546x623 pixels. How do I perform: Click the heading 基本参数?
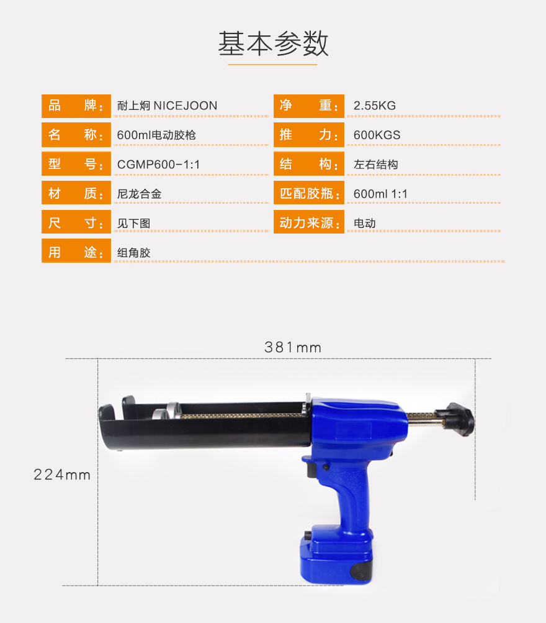pyautogui.click(x=273, y=43)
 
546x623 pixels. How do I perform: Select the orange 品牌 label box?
pyautogui.click(x=76, y=106)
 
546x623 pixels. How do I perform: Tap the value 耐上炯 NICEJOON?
pyautogui.click(x=167, y=106)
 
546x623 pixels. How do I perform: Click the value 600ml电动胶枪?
pyautogui.click(x=156, y=135)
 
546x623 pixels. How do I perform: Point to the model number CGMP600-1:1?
pyautogui.click(x=158, y=165)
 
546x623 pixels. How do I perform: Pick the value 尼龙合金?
pyautogui.click(x=139, y=194)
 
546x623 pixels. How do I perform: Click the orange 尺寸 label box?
pyautogui.click(x=76, y=223)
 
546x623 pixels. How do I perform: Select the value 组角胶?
pyautogui.click(x=133, y=253)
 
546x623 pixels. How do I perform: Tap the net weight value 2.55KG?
pyautogui.click(x=374, y=106)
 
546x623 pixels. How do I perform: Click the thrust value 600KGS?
pyautogui.click(x=377, y=135)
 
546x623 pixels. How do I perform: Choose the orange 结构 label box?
pyautogui.click(x=308, y=165)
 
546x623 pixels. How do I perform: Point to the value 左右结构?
pyautogui.click(x=375, y=165)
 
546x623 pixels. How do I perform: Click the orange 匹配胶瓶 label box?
pyautogui.click(x=308, y=194)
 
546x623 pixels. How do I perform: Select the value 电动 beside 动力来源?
pyautogui.click(x=364, y=223)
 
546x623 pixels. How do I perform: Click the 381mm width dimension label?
pyautogui.click(x=293, y=347)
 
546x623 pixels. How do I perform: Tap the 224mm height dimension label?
pyautogui.click(x=62, y=475)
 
